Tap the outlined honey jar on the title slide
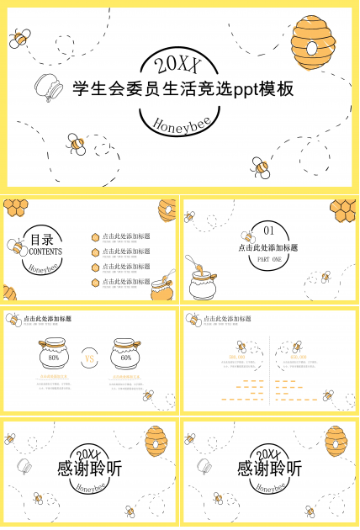pos(48,86)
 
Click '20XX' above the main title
pos(179,63)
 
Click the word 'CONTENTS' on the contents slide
pos(45,252)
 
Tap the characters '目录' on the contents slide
pos(42,238)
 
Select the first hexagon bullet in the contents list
pos(96,238)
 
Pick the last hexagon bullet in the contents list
pos(96,281)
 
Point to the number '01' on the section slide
pos(269,231)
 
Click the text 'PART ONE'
pos(269,260)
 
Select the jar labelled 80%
pos(54,356)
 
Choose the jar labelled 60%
pos(126,356)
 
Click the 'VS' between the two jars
pos(90,358)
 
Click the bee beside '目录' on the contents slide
pos(17,247)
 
